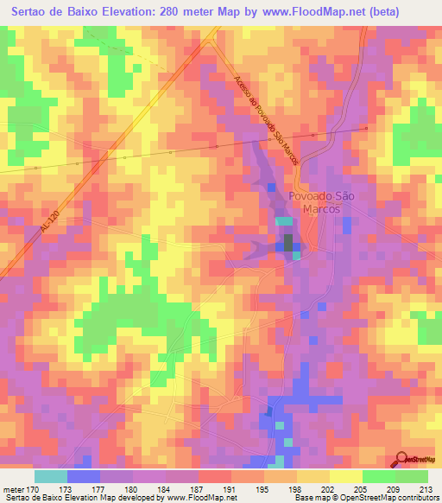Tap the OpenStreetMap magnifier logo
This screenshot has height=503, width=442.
pos(402,458)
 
